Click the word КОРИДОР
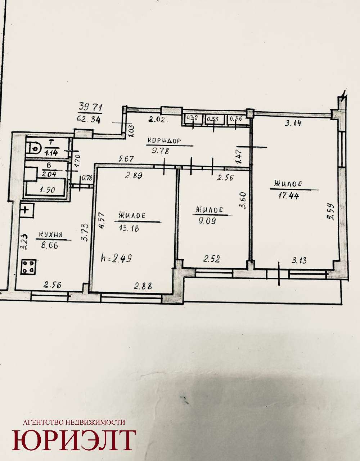tap(164, 141)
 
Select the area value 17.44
tap(288, 195)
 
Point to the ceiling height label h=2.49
tap(116, 258)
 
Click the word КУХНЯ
tap(50, 234)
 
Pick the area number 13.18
tap(129, 228)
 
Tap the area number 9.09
tap(207, 221)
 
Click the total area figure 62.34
tap(89, 120)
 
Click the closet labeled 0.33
tap(214, 120)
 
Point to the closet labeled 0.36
tap(237, 120)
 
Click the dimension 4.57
tap(102, 220)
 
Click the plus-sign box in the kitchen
tap(26, 210)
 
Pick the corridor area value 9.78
tap(160, 151)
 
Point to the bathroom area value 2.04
tap(49, 174)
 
